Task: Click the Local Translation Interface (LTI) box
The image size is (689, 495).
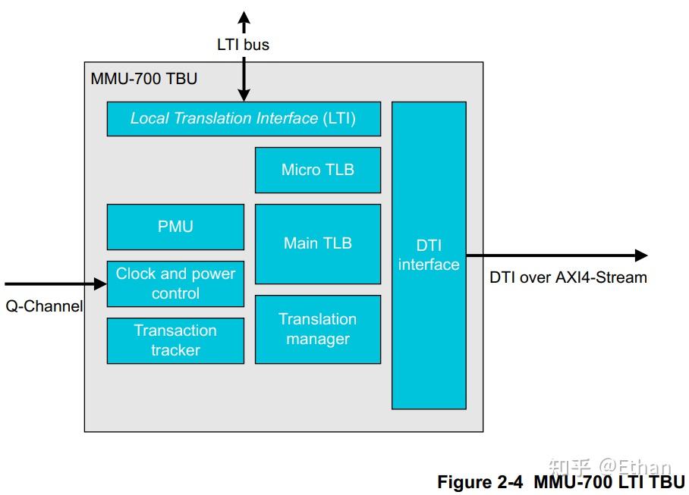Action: click(243, 119)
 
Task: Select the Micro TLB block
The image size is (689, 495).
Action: click(317, 170)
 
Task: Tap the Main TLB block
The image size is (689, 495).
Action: click(317, 243)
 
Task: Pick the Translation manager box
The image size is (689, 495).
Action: click(317, 329)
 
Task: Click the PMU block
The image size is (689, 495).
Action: click(175, 227)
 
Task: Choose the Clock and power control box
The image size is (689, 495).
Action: click(175, 284)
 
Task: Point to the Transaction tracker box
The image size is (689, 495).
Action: click(175, 340)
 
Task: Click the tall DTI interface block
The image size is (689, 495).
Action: click(429, 255)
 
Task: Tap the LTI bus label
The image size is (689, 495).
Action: click(243, 45)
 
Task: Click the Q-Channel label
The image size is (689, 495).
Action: click(44, 306)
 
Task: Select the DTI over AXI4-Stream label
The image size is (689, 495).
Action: click(568, 277)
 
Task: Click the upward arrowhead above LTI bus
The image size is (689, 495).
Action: click(244, 18)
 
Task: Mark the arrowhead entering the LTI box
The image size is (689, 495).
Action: click(244, 95)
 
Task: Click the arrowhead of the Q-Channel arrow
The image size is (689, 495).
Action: click(100, 284)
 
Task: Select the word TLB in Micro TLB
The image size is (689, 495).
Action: click(339, 170)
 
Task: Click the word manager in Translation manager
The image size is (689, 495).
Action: click(317, 339)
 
